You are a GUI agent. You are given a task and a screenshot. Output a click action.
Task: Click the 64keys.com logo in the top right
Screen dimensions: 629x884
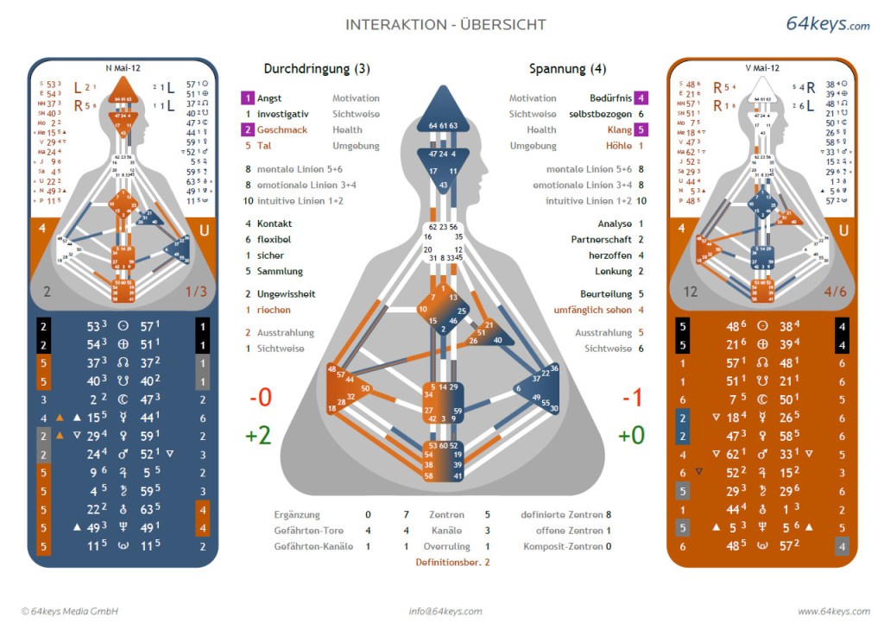pos(827,24)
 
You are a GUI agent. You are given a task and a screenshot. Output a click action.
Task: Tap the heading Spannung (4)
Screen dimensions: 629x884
pos(567,69)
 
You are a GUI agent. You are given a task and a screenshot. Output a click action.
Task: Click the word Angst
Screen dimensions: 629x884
pos(269,98)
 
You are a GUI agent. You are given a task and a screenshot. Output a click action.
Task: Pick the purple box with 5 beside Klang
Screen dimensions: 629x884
pos(641,130)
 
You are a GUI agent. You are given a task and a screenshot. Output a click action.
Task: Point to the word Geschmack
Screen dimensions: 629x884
pos(281,130)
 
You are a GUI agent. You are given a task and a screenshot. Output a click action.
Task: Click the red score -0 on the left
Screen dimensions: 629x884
pos(260,398)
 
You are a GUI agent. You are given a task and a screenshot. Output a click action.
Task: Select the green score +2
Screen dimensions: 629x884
pos(258,435)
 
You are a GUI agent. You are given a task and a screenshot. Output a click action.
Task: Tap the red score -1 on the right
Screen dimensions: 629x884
pos(633,398)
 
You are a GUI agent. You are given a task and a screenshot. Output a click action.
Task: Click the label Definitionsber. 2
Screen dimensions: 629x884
pos(452,562)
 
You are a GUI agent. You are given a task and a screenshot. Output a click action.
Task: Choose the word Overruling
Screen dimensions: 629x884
pos(445,546)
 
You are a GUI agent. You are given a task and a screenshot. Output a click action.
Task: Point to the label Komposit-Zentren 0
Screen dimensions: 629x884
pos(567,546)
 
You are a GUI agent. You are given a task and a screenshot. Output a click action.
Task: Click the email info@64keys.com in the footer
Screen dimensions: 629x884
pos(445,612)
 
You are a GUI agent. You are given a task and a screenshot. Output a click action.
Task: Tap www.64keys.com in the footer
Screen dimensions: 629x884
pos(833,612)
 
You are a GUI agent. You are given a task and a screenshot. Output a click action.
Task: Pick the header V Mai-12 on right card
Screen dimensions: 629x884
pos(762,67)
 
